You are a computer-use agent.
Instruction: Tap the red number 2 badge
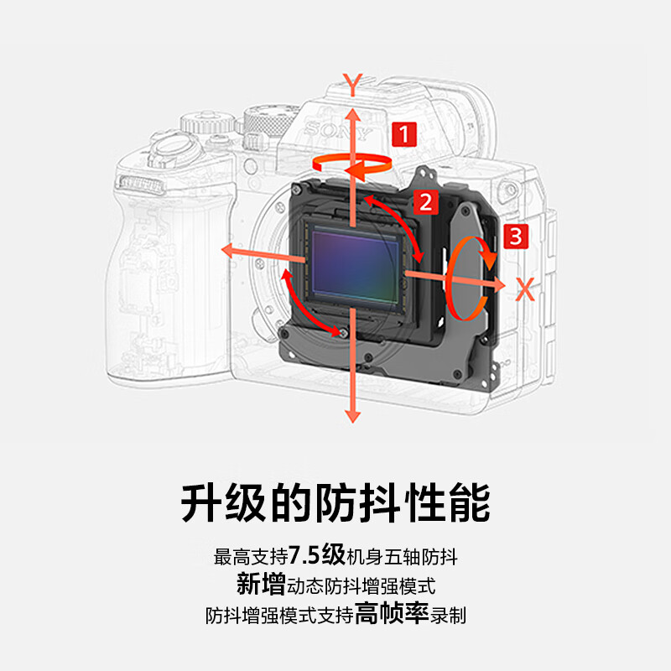pos(426,201)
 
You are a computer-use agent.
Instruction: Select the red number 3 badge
pos(515,236)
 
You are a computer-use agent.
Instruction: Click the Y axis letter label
pos(353,83)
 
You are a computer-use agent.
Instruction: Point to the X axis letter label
pos(525,290)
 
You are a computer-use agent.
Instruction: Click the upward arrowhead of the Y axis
pos(353,111)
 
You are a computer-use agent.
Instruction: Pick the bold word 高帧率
pos(391,614)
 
